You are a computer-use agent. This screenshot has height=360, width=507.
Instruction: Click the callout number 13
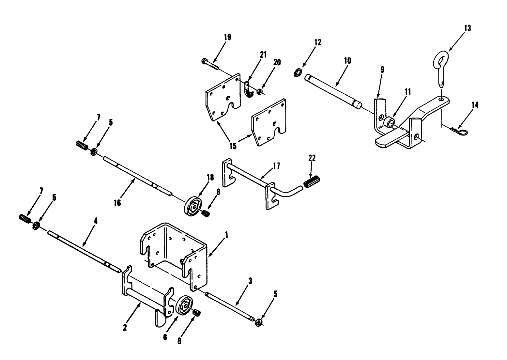tap(468, 28)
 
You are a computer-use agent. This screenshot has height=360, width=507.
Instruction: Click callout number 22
tap(312, 158)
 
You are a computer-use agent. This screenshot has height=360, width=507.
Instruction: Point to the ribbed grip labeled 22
tap(312, 181)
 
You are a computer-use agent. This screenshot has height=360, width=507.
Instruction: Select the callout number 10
tap(347, 60)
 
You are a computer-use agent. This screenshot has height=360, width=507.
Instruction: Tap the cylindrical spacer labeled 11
tap(389, 121)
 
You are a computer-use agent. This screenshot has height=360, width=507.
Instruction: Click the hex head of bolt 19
tap(204, 61)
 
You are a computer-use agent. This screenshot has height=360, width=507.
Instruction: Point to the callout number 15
tap(233, 146)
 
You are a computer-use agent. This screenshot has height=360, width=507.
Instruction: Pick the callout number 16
tap(117, 203)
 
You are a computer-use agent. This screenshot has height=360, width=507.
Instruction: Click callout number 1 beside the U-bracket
tap(226, 235)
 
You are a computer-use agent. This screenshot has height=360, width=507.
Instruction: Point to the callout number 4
tap(96, 221)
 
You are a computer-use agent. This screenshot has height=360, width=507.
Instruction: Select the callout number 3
tap(250, 281)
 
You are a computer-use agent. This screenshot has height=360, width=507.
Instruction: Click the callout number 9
tap(382, 70)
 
